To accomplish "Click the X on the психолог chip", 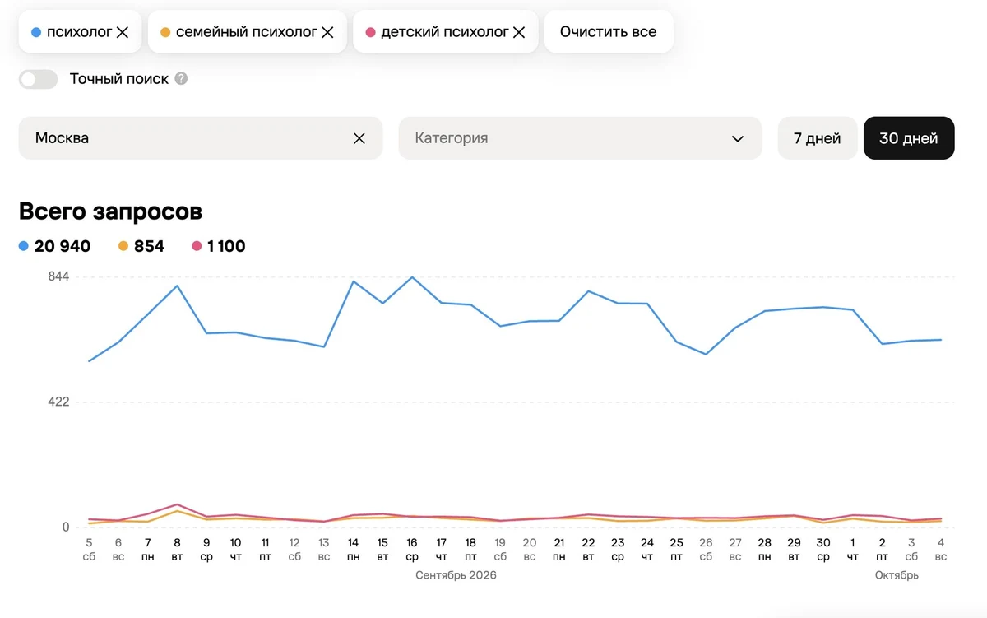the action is (123, 32).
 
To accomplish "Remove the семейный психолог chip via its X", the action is (327, 32).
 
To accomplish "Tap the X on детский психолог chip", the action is (519, 32).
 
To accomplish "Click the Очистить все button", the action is (609, 32).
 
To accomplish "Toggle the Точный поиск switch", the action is (39, 79).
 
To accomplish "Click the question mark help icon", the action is (181, 78).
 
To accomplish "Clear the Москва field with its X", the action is (359, 138).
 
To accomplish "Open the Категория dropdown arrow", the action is (738, 139).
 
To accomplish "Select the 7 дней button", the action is (817, 138).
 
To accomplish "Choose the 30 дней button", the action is (909, 138).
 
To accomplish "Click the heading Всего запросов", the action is (110, 211).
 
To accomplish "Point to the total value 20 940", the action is (63, 246).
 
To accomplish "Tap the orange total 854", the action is (149, 246).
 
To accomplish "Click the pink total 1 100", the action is (226, 246).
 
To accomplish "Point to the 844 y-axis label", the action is (58, 276).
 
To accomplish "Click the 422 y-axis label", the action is (58, 402).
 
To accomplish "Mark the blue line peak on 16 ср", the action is (412, 277).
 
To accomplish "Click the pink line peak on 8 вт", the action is (177, 504).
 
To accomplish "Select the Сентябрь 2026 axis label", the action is (456, 575).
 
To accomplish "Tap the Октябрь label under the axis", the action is (897, 575).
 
